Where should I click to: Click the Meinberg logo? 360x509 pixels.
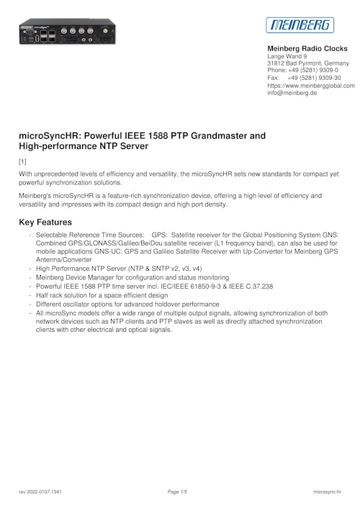coord(301,25)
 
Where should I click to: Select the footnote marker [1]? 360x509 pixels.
coord(22,161)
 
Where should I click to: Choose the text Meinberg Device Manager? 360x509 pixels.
coord(77,277)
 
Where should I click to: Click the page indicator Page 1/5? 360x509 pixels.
coord(177,492)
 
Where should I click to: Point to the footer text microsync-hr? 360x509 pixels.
coord(328,492)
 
